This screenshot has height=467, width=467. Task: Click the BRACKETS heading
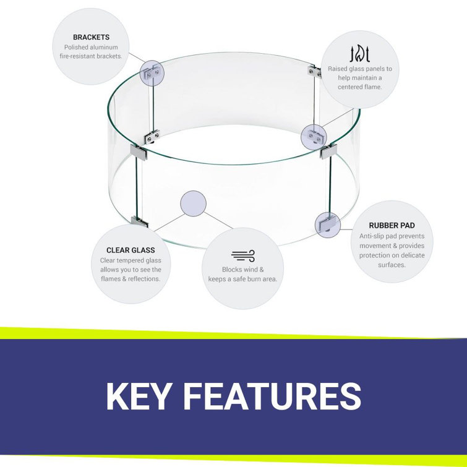[91, 37]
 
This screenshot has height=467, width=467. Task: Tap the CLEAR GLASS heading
[131, 250]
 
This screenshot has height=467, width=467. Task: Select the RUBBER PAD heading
[392, 225]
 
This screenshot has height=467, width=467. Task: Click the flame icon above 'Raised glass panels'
[360, 54]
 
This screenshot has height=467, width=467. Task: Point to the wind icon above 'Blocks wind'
[243, 256]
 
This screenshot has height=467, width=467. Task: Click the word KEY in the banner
[139, 396]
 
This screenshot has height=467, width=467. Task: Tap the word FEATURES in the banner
[273, 396]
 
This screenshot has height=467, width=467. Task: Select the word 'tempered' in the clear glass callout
[139, 260]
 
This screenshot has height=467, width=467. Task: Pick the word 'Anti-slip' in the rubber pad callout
[371, 236]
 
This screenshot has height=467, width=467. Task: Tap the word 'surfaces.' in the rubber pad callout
[392, 265]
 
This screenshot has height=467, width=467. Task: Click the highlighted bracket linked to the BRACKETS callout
[152, 73]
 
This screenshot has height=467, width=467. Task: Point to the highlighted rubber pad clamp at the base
[328, 225]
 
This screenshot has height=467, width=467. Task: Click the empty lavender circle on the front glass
[193, 204]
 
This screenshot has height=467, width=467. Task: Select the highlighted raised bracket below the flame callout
[314, 137]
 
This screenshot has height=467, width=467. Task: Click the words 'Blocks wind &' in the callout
[242, 270]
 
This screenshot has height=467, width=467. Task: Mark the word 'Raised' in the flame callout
[337, 69]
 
